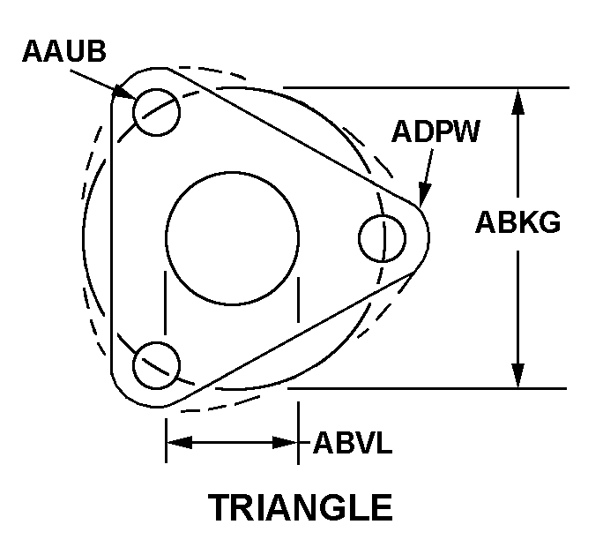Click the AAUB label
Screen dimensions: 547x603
64,51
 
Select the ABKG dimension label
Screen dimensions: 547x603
517,222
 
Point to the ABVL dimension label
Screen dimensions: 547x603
353,442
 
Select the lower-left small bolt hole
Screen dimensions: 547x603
157,363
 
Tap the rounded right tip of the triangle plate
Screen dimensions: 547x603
427,236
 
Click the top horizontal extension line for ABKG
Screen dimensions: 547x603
423,87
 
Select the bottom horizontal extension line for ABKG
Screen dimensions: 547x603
423,387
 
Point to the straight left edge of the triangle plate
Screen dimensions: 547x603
113,238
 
